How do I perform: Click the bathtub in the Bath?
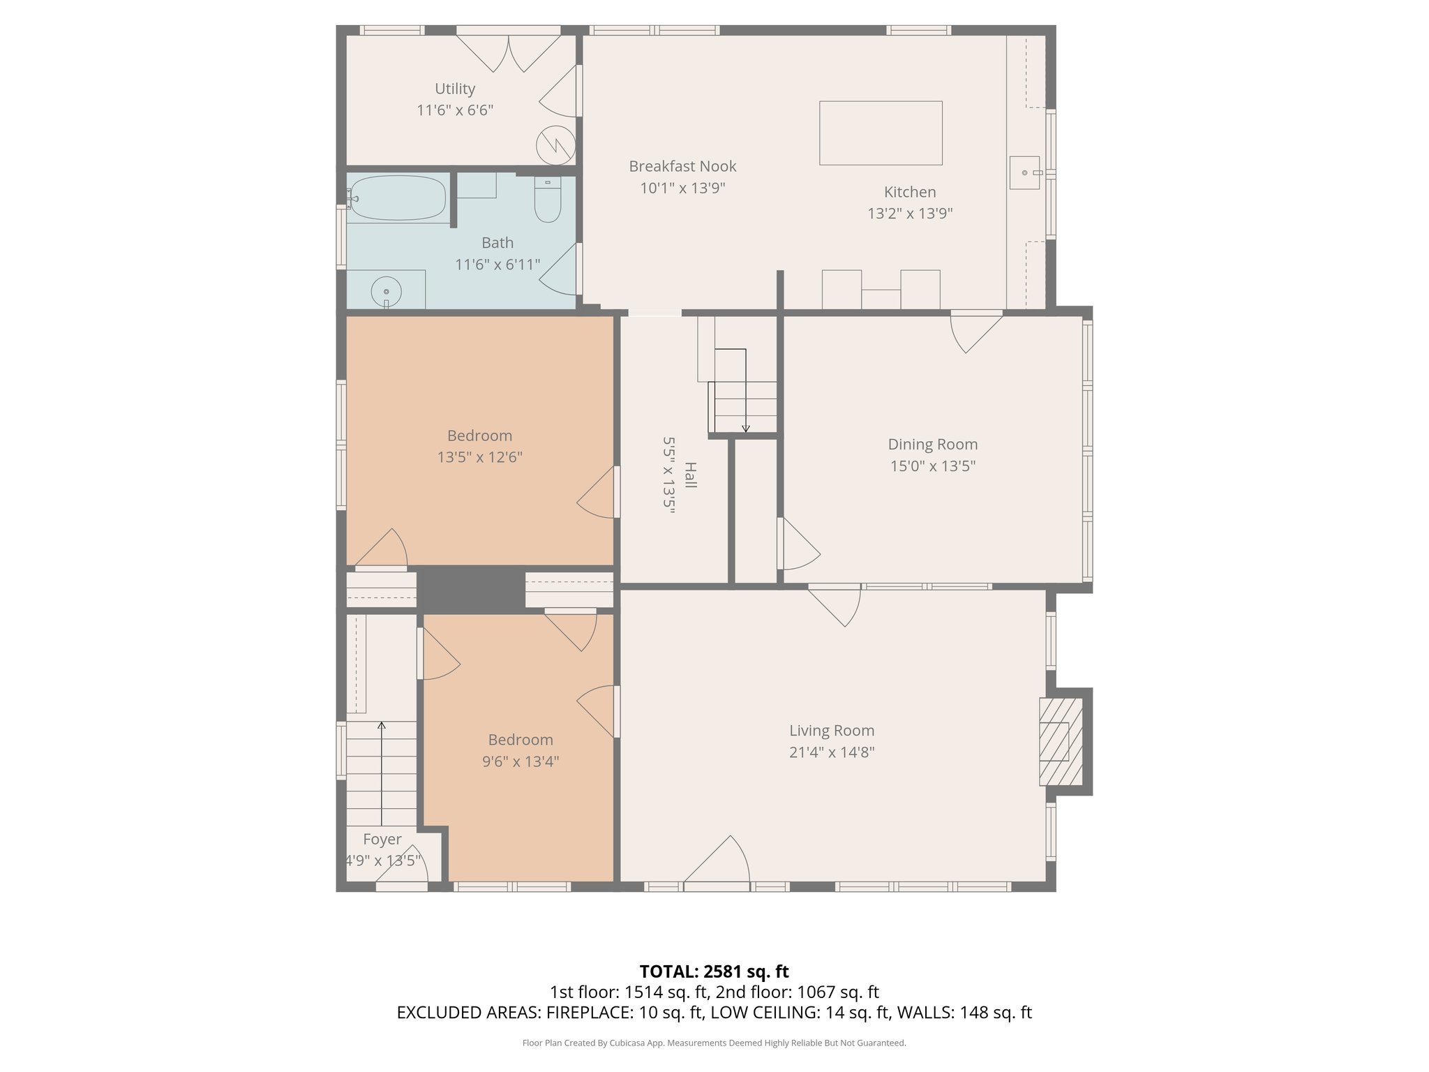pyautogui.click(x=398, y=198)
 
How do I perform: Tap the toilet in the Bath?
pyautogui.click(x=548, y=201)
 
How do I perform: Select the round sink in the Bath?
pyautogui.click(x=386, y=290)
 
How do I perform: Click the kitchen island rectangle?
pyautogui.click(x=881, y=133)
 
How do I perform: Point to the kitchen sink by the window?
pyautogui.click(x=1025, y=172)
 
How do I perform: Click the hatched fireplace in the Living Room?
pyautogui.click(x=1061, y=741)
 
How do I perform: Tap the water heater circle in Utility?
pyautogui.click(x=555, y=145)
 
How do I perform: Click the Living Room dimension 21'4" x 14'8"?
pyautogui.click(x=831, y=752)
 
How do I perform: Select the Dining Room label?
pyautogui.click(x=932, y=444)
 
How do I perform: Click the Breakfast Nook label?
pyautogui.click(x=682, y=166)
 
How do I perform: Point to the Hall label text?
pyautogui.click(x=690, y=475)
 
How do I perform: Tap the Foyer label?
pyautogui.click(x=382, y=839)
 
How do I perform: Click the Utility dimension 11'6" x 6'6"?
pyautogui.click(x=455, y=110)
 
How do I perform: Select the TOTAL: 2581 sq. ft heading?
pyautogui.click(x=714, y=971)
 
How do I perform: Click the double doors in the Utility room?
pyautogui.click(x=509, y=53)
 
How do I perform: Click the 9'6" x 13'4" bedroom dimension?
pyautogui.click(x=521, y=761)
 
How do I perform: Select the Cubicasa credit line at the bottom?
pyautogui.click(x=714, y=1043)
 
